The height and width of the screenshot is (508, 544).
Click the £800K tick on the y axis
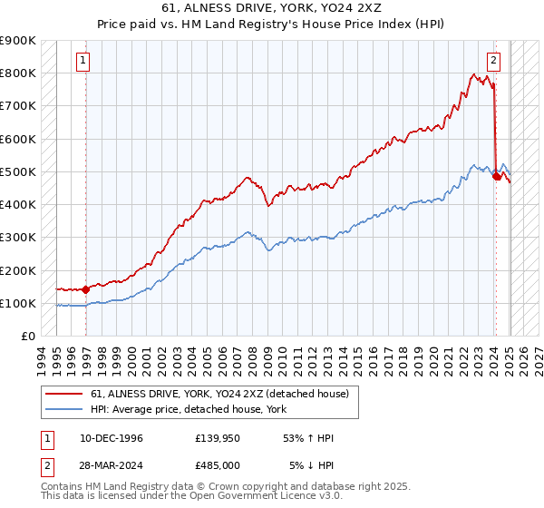point(18,73)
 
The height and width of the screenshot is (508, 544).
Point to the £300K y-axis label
point(18,238)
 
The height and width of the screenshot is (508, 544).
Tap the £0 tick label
point(29,337)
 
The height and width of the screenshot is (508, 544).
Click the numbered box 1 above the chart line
point(83,62)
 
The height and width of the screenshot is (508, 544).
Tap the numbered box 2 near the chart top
point(493,62)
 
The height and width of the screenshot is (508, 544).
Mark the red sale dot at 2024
point(497,177)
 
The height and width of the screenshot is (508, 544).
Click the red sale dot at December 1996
point(86,289)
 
